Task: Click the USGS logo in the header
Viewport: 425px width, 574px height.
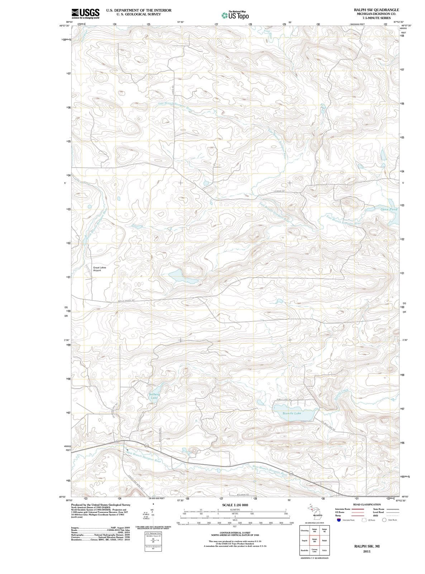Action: (85, 14)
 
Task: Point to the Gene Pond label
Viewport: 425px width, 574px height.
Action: (388, 209)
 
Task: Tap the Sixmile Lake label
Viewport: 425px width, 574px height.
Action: (292, 413)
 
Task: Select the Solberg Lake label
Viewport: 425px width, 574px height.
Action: (154, 396)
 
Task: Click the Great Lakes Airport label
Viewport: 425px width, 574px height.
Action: (99, 269)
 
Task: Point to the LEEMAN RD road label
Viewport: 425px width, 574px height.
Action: (279, 192)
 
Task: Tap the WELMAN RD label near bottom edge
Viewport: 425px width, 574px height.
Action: (243, 495)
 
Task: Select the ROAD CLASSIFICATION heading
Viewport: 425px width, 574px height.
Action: (367, 504)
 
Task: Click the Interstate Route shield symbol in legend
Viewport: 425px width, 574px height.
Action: (339, 520)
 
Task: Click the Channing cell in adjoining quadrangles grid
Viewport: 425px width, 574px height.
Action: (305, 531)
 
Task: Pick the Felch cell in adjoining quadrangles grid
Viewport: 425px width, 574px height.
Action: (324, 550)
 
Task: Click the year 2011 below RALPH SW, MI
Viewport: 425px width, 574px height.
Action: (367, 551)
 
